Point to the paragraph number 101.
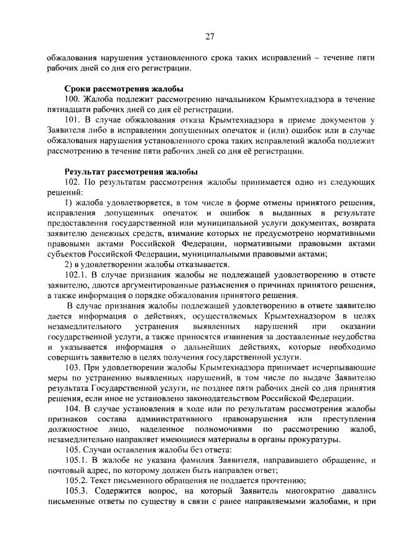pyautogui.click(x=73, y=120)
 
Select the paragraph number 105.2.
pyautogui.click(x=77, y=480)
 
